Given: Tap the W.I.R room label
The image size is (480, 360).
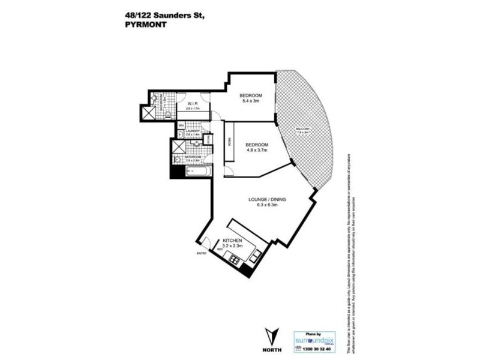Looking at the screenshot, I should [x=193, y=103].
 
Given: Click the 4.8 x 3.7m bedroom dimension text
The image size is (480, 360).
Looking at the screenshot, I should [x=259, y=151].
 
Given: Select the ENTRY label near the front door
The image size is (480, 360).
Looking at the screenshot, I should [x=202, y=253].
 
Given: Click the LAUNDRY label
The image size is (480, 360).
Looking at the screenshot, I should [x=193, y=131].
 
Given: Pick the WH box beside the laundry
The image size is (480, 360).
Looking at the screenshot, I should [x=181, y=125].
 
